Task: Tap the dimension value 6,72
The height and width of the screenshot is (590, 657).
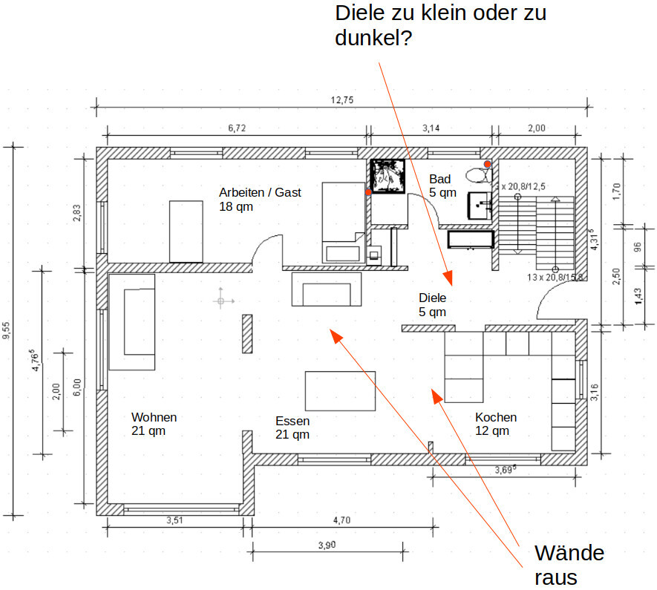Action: point(237,128)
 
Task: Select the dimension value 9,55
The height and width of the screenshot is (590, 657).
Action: point(7,330)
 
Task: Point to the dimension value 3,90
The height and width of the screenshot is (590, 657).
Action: point(327,545)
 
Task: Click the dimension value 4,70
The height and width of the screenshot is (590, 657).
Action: point(341,520)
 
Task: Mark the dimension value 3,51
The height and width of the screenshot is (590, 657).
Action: point(174,520)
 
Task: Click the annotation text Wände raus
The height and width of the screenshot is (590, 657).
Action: point(569,565)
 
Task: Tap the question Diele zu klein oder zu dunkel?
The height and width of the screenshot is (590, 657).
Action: point(440,24)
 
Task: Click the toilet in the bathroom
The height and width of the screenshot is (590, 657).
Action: point(478,175)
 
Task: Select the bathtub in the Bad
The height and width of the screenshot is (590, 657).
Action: point(471,240)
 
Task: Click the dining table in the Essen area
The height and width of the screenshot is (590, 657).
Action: point(340,391)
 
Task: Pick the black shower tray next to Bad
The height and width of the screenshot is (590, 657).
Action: point(387,176)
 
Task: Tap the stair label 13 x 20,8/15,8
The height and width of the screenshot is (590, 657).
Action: point(555,277)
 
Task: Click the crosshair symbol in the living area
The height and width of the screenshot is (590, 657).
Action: point(220,301)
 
